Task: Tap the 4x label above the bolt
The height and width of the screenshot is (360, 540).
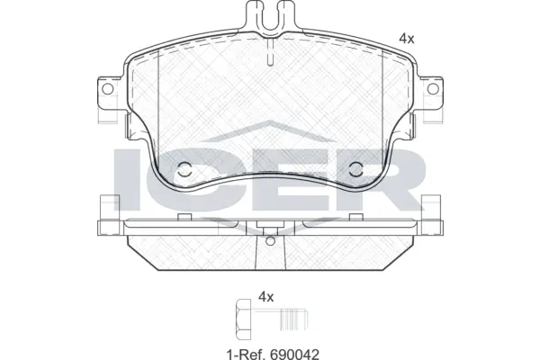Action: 265,295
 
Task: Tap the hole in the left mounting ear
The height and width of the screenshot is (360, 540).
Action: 105,89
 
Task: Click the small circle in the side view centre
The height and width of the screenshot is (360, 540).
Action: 267,240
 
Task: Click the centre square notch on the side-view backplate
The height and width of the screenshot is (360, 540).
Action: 267,225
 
